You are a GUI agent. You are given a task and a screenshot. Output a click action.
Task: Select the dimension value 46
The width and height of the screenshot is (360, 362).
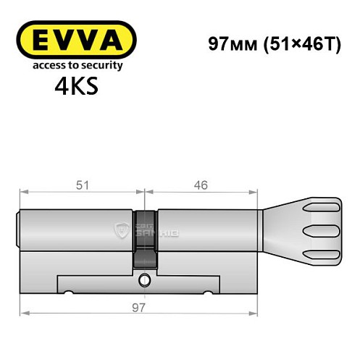point(201,185)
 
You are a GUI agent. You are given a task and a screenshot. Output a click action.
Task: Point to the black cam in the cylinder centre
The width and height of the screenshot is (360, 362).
point(145,239)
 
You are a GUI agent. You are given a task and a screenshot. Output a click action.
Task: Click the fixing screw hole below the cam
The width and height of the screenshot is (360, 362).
point(145,279)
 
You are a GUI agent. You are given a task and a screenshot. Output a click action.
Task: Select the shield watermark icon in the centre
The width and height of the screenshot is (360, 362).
point(121,231)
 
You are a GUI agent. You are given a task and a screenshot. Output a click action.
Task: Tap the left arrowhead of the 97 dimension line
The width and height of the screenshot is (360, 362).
point(24,313)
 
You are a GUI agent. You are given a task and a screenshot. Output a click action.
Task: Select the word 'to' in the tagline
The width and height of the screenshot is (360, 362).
point(75,65)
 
